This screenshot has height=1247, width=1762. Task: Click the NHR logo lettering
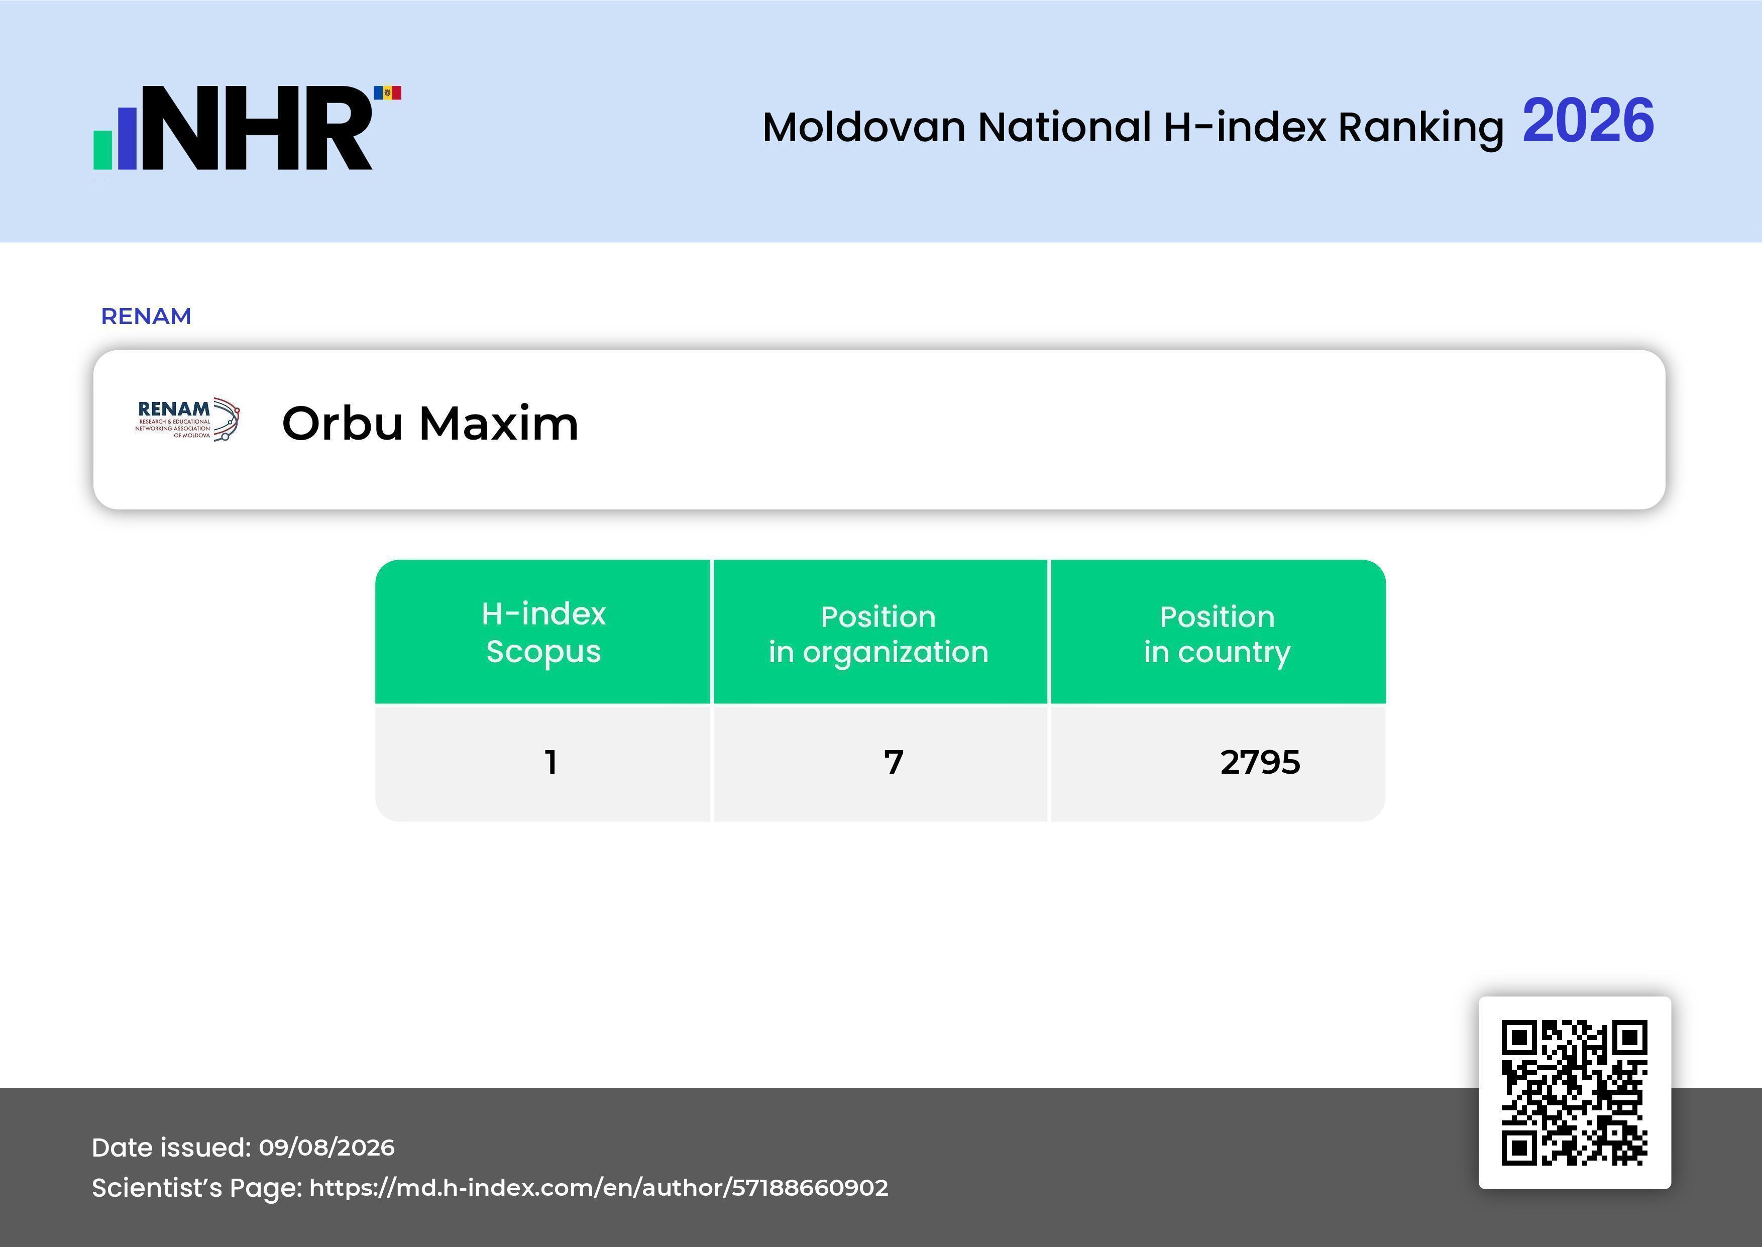coord(264,128)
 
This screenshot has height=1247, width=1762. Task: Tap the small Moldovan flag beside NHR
coord(388,93)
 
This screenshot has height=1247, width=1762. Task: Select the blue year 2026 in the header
coord(1588,121)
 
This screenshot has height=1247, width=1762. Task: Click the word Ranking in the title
coord(1420,128)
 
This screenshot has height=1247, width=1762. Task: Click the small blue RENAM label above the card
coord(146,317)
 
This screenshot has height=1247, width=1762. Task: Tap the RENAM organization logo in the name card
coord(188,419)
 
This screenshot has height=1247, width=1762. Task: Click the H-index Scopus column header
coord(543,632)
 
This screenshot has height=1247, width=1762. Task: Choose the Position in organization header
coord(878,634)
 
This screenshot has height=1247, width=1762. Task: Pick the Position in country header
coord(1217,634)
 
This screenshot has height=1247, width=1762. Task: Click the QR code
coord(1575,1093)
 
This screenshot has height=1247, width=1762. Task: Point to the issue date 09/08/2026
coord(327,1147)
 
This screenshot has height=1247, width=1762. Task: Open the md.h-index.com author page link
coord(599,1188)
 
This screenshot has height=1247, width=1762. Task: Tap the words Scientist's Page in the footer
coord(196,1188)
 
